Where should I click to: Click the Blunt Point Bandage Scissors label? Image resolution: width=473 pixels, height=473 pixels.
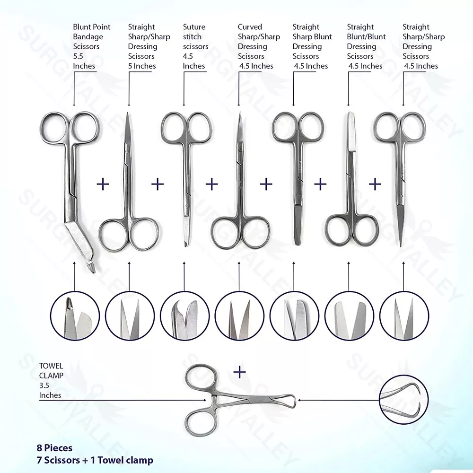point(92,46)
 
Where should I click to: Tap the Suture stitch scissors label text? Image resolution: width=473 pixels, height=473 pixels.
point(195,46)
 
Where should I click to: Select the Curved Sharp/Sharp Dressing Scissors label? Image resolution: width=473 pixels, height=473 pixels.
point(259,46)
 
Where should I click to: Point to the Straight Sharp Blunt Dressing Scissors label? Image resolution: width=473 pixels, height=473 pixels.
point(312,46)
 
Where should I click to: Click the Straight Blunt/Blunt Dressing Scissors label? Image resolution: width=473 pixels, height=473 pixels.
point(366,46)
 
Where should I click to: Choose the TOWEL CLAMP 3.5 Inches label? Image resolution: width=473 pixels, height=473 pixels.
point(51,380)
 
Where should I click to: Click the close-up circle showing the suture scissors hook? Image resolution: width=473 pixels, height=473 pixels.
point(184,316)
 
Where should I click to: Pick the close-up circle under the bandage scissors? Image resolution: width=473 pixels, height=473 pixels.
point(75,316)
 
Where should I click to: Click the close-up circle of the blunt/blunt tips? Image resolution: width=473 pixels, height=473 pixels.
point(350,316)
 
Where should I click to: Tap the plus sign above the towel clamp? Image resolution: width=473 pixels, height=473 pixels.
point(239,372)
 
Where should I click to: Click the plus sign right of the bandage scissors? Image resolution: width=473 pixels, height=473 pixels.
point(103,184)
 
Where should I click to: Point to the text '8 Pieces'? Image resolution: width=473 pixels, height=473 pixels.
point(54,448)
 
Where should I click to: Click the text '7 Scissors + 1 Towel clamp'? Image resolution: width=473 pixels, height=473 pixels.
point(95,460)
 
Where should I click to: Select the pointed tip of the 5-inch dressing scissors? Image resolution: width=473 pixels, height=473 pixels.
point(128,114)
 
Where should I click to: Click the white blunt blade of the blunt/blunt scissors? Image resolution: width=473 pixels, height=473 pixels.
point(351,131)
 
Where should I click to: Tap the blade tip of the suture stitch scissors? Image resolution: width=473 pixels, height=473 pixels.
point(185,245)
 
